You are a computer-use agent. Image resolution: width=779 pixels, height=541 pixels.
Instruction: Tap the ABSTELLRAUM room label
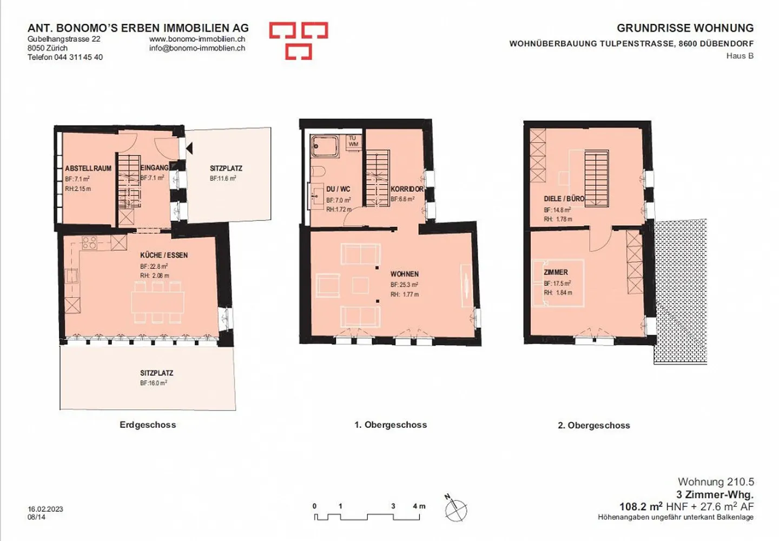click(x=88, y=168)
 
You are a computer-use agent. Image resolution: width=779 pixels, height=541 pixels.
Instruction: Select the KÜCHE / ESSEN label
click(x=164, y=255)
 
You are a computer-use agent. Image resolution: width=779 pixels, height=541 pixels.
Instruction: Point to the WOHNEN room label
click(x=405, y=274)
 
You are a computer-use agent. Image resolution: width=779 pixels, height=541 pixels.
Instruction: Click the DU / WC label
click(x=338, y=189)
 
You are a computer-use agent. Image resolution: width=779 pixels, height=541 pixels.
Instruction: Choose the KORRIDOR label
click(x=407, y=189)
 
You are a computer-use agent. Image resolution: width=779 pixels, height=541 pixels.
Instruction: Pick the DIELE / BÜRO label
click(x=564, y=199)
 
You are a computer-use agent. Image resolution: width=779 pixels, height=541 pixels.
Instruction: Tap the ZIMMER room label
click(x=556, y=272)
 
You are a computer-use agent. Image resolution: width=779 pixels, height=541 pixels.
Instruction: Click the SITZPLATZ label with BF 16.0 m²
click(x=156, y=373)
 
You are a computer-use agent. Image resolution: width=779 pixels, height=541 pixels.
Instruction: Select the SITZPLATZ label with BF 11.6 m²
click(x=226, y=168)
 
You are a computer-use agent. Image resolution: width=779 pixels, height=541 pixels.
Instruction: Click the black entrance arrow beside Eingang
click(x=189, y=147)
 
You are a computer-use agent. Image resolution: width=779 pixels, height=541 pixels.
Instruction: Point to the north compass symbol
click(x=456, y=509)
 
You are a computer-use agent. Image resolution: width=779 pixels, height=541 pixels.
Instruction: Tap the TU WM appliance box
click(x=353, y=141)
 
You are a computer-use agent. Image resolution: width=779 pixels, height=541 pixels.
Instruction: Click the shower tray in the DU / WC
click(x=325, y=146)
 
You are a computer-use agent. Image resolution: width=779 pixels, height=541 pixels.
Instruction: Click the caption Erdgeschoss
click(x=148, y=425)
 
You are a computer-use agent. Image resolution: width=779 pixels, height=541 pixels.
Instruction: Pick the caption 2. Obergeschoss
click(x=594, y=426)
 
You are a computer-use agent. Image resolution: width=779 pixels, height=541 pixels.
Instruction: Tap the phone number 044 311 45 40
click(x=78, y=57)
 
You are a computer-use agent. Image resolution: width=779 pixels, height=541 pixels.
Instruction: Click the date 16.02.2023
click(x=45, y=509)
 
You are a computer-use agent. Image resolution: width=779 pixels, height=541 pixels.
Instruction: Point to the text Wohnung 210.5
click(x=716, y=481)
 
